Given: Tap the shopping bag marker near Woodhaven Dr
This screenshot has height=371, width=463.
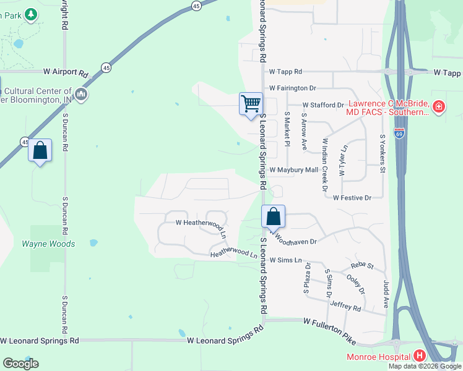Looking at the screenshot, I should point(273,217).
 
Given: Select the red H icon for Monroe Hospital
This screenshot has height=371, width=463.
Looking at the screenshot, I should point(420,356).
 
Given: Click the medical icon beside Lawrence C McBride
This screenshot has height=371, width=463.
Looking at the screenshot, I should point(438,107).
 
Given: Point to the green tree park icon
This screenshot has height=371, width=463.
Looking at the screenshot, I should point(32,15).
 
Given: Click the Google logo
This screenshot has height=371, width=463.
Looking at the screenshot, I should point(20,364).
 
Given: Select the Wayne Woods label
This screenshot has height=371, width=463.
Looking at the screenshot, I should point(48,244).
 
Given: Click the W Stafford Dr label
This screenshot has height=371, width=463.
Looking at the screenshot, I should point(322,105).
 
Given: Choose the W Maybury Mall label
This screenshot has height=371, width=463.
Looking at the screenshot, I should point(293,169).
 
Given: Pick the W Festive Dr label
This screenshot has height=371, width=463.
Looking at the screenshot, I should point(352,198).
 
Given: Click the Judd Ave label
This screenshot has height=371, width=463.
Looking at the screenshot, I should point(386,286).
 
